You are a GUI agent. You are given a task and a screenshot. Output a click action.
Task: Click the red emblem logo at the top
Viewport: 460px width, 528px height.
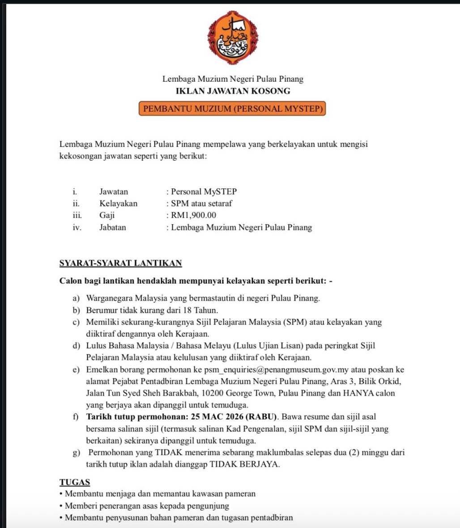(x=233, y=38)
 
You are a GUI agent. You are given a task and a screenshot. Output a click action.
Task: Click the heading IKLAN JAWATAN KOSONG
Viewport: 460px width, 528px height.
(x=233, y=91)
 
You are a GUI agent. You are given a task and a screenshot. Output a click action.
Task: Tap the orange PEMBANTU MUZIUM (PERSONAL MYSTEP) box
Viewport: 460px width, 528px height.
(x=232, y=109)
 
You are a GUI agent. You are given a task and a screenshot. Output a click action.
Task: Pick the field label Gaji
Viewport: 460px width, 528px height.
(x=107, y=215)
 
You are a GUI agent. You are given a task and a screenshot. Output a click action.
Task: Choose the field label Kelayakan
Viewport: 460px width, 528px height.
(x=118, y=204)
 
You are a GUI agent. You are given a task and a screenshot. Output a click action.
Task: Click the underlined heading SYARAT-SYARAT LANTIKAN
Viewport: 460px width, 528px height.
(x=120, y=263)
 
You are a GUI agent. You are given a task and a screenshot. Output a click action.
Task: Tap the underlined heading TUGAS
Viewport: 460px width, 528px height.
(x=75, y=482)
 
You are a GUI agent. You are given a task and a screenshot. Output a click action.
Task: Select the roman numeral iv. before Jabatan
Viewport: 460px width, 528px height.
(x=77, y=227)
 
